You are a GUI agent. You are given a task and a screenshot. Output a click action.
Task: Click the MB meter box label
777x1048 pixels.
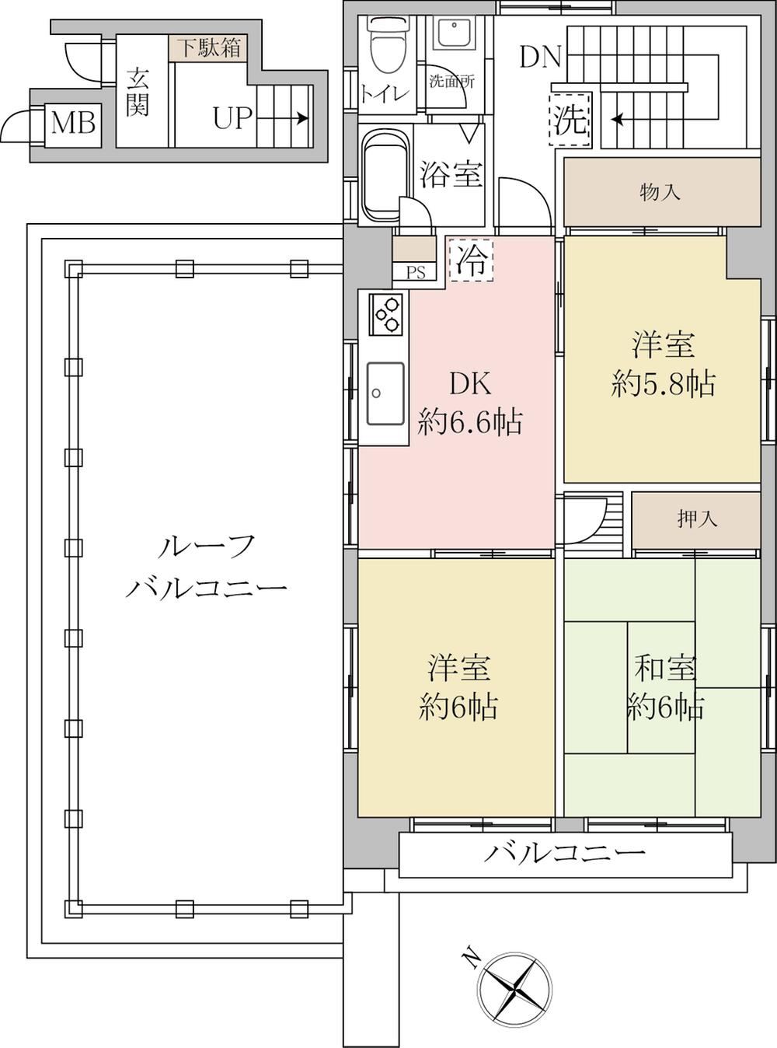[73, 124]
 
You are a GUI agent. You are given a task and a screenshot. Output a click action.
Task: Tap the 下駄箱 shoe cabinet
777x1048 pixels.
[208, 47]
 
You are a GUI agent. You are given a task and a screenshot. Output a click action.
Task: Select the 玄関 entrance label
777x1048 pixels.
[138, 93]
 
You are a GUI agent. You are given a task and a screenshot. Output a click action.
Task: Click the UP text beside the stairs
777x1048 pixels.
[231, 117]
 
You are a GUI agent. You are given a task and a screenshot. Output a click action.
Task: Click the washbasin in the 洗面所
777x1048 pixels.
[455, 33]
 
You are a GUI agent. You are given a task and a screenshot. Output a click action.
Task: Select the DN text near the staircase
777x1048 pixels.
[540, 58]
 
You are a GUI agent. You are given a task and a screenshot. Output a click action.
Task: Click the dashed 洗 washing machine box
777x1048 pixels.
[570, 119]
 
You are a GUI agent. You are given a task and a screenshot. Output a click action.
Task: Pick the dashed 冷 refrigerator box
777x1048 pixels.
[472, 260]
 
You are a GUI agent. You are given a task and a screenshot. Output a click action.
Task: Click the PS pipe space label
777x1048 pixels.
[415, 272]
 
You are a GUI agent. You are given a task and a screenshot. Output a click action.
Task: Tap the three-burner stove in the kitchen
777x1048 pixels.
[386, 314]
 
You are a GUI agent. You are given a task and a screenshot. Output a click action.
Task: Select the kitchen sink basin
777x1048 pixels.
[385, 394]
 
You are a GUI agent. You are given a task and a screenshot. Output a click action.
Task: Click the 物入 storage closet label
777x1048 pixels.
[660, 192]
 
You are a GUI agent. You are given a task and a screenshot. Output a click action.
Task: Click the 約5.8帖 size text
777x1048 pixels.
[663, 384]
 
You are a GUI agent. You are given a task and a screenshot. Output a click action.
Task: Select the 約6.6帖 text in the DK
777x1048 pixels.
[470, 422]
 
